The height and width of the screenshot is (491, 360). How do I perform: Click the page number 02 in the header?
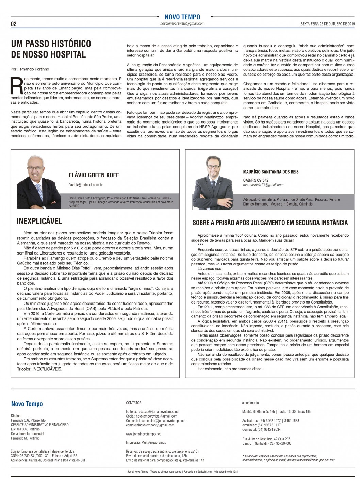point(14,24)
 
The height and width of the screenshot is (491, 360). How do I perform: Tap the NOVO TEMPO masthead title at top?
point(182,17)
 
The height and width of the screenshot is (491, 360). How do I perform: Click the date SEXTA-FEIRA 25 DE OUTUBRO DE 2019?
point(323,24)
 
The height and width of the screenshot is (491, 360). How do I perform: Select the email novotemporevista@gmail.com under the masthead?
point(182,23)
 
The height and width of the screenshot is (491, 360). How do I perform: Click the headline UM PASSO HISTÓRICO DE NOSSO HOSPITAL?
point(51,49)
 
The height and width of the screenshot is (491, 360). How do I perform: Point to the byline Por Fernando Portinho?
point(29,69)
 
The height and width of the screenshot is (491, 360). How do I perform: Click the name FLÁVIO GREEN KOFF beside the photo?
point(94,175)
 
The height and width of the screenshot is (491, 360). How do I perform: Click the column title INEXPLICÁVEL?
point(39,221)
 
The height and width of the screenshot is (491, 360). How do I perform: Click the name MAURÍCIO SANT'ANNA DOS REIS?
point(271,172)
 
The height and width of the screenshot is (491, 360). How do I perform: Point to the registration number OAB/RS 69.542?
point(256,180)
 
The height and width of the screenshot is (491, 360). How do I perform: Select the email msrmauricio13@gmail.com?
point(263,185)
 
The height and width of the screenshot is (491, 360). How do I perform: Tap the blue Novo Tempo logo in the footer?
point(27,404)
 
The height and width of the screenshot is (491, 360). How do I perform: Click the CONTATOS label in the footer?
point(133,403)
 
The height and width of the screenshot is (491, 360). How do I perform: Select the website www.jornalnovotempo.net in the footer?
point(143,434)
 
